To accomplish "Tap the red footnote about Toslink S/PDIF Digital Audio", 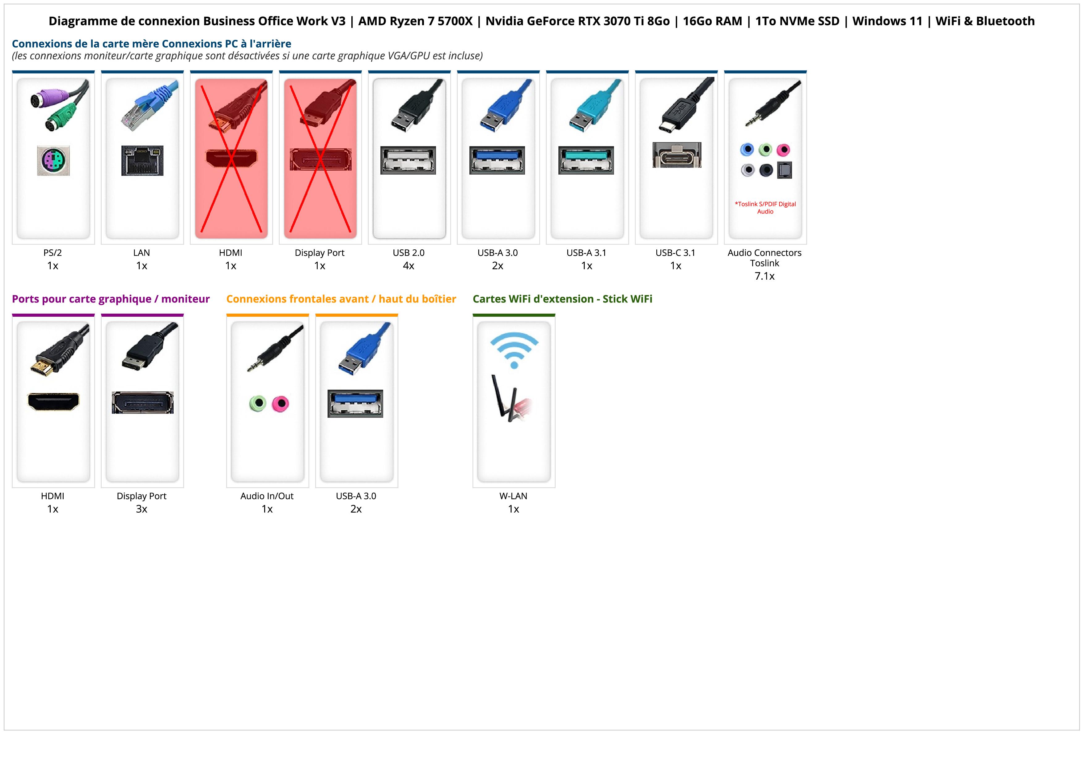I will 765,208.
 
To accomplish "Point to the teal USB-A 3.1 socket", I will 586,160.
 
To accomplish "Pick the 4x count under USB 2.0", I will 409,266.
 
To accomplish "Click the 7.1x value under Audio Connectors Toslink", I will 764,276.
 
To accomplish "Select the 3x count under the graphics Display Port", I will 142,509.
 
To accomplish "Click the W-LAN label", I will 513,496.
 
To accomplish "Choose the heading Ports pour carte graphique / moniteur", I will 111,299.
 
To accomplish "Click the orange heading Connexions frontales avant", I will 341,299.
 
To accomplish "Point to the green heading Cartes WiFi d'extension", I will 562,299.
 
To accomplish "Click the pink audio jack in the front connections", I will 281,404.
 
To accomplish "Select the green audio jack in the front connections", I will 258,404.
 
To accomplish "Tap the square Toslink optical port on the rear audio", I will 784,170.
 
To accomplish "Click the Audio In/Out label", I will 267,496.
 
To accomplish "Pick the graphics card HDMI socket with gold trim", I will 53,402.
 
